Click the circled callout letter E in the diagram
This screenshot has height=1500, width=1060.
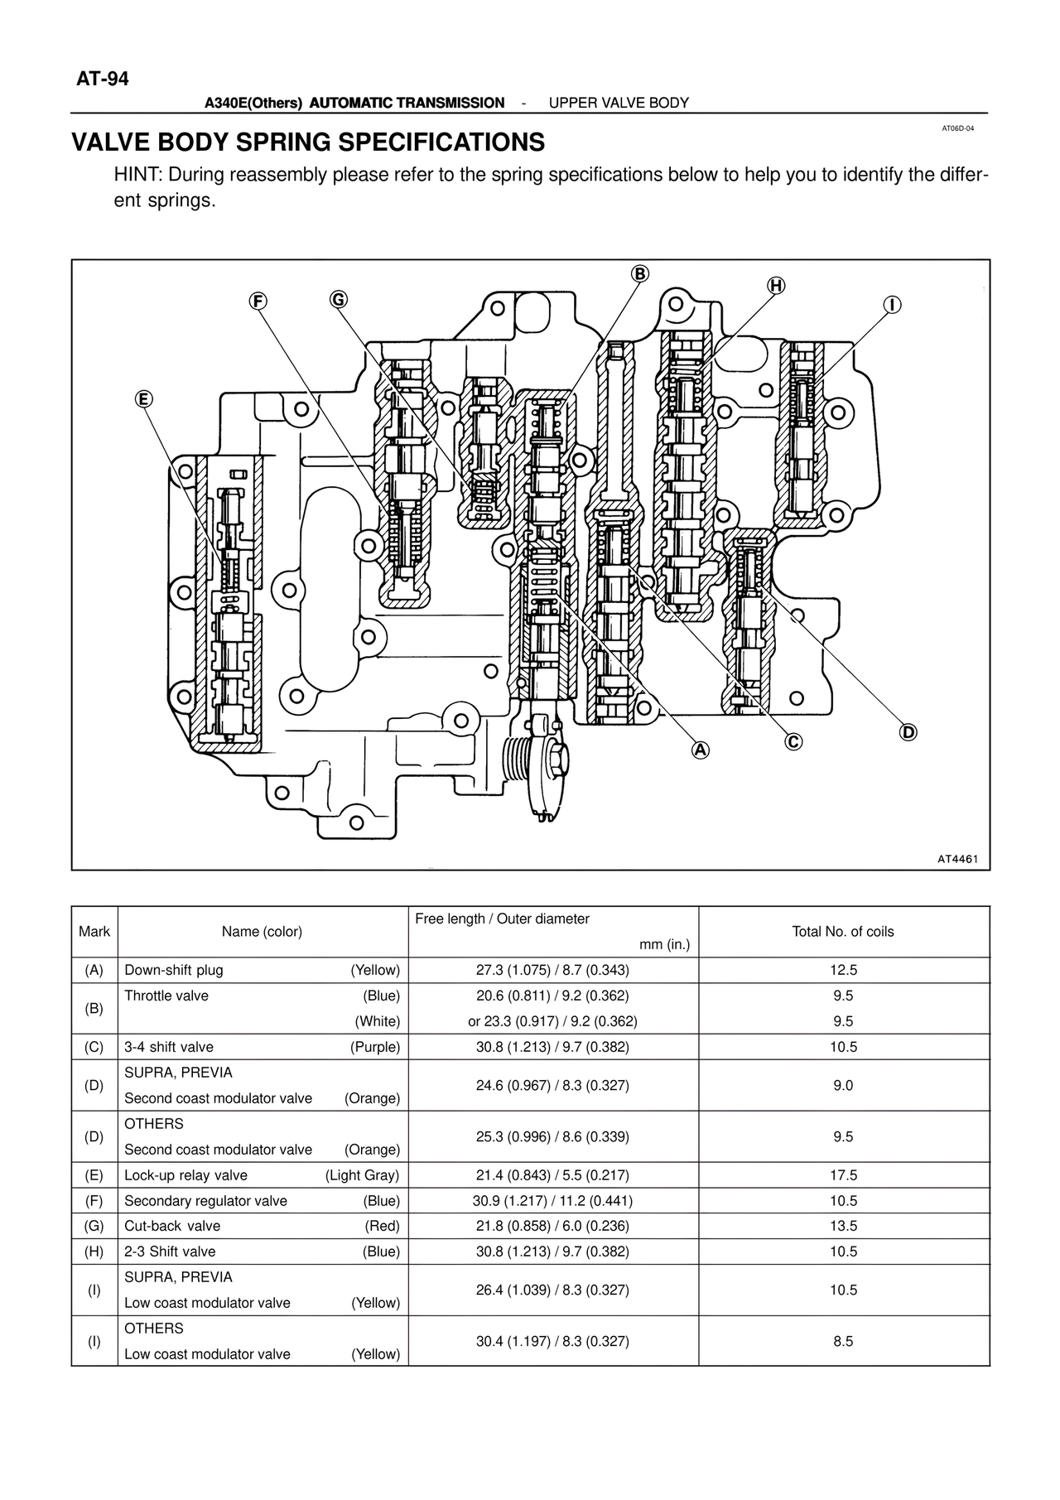tap(143, 399)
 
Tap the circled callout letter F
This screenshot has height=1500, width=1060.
tap(258, 301)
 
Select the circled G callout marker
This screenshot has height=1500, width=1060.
tap(338, 299)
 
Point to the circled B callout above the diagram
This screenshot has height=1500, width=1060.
tap(639, 274)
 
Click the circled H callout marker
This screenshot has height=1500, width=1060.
tap(775, 286)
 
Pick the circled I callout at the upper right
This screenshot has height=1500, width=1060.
tap(892, 305)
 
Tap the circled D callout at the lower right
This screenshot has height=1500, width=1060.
tap(908, 732)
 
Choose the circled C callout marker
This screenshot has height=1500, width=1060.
tap(793, 741)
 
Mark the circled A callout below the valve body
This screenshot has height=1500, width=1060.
tap(701, 750)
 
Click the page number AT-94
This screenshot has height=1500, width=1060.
tap(103, 80)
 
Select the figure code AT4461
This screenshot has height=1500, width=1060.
tap(958, 859)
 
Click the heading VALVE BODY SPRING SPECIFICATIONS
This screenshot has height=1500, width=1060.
tap(308, 142)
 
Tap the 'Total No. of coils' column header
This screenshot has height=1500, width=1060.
tap(843, 932)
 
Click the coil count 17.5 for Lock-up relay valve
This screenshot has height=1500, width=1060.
tap(843, 1175)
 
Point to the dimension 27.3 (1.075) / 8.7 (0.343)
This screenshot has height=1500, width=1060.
tap(552, 970)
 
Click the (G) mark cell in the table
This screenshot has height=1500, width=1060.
tap(94, 1226)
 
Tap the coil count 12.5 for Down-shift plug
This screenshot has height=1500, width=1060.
tap(843, 970)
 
